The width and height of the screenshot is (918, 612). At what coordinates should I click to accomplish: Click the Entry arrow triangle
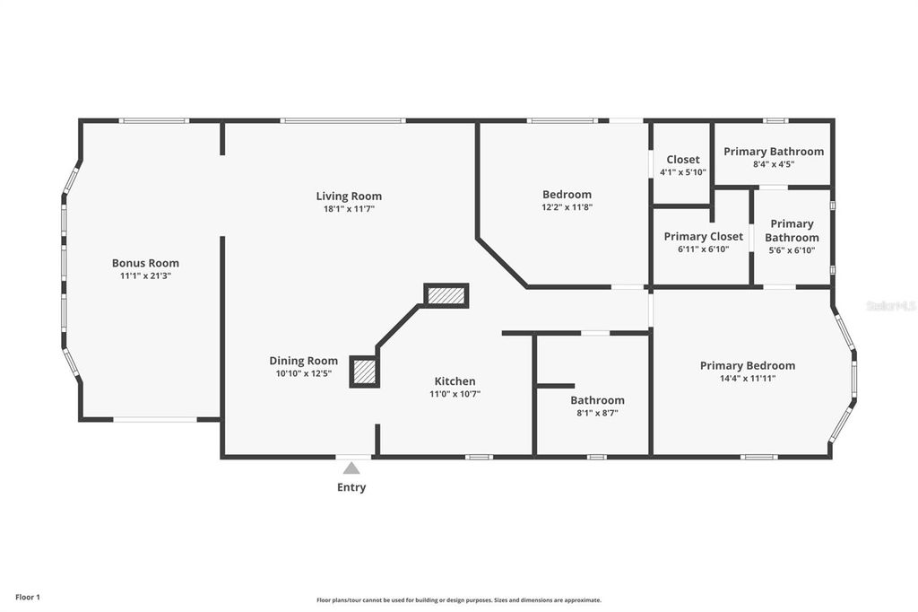click(x=351, y=468)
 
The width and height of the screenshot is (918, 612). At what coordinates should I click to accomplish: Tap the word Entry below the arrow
click(x=351, y=488)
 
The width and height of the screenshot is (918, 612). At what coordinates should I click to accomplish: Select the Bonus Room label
click(x=145, y=263)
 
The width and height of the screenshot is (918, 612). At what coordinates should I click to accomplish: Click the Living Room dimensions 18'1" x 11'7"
click(x=349, y=208)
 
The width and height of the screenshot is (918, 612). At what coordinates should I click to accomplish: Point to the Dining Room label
click(x=304, y=361)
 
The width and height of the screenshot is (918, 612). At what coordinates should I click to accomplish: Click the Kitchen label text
click(x=455, y=381)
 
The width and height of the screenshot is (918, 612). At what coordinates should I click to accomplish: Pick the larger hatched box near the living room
click(x=446, y=295)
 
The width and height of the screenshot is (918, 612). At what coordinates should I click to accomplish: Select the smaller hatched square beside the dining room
click(x=364, y=372)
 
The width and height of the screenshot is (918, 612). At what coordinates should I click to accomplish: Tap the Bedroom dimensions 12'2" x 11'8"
click(x=567, y=206)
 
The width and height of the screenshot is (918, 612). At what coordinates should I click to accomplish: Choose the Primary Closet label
click(x=703, y=237)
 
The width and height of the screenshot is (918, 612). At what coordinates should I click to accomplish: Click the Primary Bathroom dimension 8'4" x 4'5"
click(x=774, y=164)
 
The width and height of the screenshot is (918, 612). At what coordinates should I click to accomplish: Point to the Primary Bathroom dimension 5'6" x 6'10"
click(x=792, y=249)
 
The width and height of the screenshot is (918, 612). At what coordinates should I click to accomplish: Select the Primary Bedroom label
click(x=748, y=365)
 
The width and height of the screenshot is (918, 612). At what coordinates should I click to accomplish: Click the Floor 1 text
click(x=27, y=597)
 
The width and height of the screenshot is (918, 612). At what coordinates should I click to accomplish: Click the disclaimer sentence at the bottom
click(x=458, y=600)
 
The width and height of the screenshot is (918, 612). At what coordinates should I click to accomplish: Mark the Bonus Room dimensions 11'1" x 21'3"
click(x=145, y=275)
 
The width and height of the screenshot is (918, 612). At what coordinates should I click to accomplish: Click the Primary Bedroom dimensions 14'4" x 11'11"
click(x=748, y=378)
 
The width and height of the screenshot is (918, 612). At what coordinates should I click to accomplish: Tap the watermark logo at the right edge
click(x=891, y=306)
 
